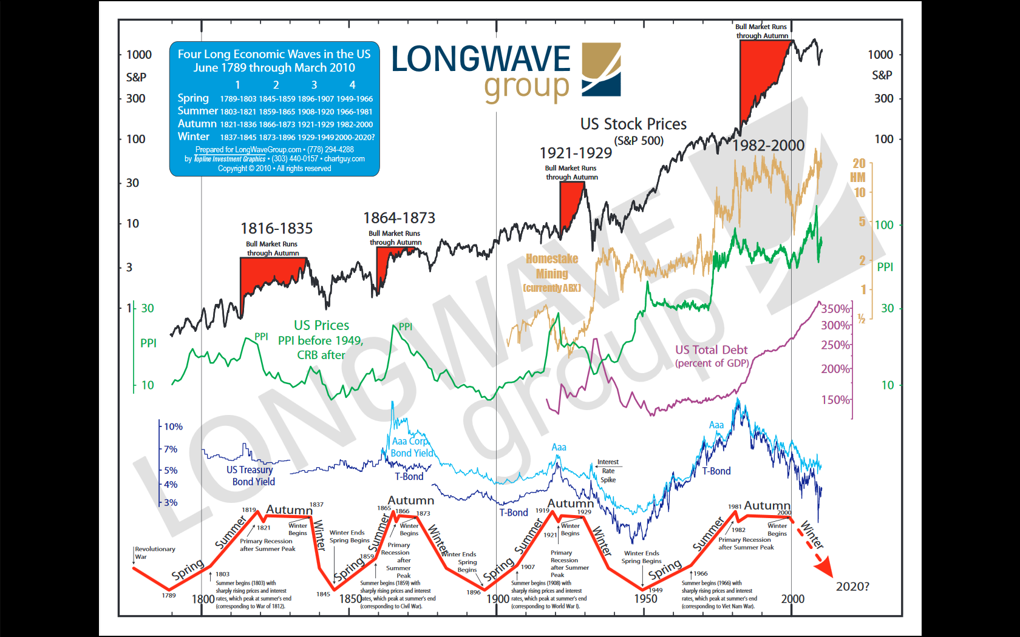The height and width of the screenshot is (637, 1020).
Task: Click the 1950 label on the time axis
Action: (x=645, y=599)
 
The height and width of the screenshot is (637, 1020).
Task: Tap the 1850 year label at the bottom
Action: (x=350, y=599)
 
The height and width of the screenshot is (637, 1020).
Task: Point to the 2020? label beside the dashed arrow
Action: (x=852, y=587)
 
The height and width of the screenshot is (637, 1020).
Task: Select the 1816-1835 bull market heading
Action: (x=276, y=229)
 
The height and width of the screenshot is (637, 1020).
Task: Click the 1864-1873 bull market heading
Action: (x=399, y=218)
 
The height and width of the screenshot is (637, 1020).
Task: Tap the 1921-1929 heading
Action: (x=576, y=153)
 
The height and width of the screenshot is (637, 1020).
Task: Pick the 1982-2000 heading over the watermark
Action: (x=768, y=146)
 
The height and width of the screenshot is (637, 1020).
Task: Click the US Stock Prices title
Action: (x=633, y=124)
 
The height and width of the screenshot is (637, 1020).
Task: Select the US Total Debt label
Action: (x=712, y=350)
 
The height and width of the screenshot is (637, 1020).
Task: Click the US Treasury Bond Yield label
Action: (x=250, y=476)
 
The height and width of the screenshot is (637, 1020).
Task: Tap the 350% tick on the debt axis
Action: (x=835, y=309)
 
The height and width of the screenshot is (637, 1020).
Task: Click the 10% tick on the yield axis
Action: (x=173, y=426)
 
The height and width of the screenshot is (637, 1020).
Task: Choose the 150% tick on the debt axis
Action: (x=835, y=400)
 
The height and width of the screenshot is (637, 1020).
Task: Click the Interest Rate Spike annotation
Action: (x=608, y=471)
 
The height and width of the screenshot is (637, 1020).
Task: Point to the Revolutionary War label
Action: (x=155, y=553)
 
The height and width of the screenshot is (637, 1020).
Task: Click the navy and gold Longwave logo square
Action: (x=601, y=69)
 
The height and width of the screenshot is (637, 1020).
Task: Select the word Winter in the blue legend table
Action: (x=193, y=136)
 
